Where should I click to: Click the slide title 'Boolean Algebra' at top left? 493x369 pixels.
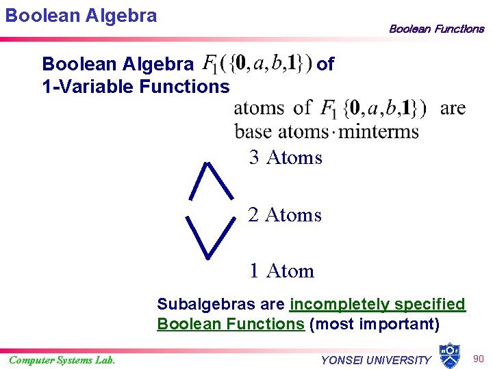click(x=81, y=16)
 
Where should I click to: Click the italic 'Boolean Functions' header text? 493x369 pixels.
click(x=436, y=29)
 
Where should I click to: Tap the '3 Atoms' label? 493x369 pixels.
click(x=286, y=158)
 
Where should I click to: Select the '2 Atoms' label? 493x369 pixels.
click(x=284, y=215)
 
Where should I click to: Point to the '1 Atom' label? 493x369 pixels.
click(x=281, y=271)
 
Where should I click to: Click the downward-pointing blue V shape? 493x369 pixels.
click(x=209, y=236)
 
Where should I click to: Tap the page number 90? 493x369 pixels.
click(x=477, y=358)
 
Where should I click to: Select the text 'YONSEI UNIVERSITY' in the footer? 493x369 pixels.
click(x=376, y=360)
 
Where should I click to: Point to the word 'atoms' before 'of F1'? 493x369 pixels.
click(x=260, y=108)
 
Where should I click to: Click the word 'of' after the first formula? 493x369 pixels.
click(x=326, y=64)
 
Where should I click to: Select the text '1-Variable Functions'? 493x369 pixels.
click(x=136, y=86)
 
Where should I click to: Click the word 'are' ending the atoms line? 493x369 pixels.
click(x=453, y=108)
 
